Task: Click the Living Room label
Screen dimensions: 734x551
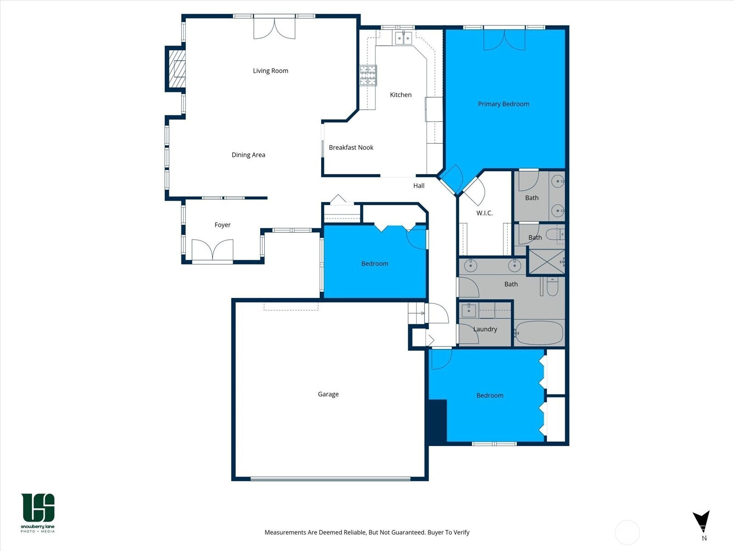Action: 270,71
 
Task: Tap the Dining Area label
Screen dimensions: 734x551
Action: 248,155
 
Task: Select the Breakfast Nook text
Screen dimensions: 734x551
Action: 351,147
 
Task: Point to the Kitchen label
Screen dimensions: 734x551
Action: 400,95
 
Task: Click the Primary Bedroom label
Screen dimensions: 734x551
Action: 503,104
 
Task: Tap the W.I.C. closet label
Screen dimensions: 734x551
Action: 484,213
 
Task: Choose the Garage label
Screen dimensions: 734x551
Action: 328,394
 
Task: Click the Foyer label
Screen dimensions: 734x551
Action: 222,225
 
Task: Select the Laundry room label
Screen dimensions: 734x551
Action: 485,329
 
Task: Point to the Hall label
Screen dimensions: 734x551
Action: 419,186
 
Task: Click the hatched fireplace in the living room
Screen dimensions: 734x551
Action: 177,68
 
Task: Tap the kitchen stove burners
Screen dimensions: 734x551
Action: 368,75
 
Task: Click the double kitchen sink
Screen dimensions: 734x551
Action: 404,38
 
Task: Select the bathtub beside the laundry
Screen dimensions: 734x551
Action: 539,332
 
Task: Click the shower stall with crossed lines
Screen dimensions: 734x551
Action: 546,262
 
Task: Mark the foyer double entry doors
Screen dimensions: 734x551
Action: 212,250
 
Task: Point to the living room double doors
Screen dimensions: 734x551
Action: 274,28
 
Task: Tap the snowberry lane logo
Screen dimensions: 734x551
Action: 38,512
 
